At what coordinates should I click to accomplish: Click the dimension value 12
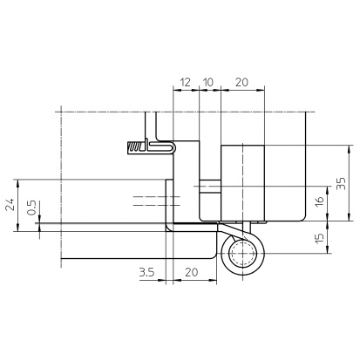tap(186, 82)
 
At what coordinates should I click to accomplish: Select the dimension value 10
tap(208, 82)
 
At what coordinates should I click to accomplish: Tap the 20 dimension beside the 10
tap(241, 82)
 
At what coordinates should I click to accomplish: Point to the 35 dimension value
tap(341, 183)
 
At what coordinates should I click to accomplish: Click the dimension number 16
tap(319, 201)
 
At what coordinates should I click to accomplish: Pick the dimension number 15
tap(319, 238)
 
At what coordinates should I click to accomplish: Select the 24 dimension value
tap(10, 204)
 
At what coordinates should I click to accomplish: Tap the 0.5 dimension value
tap(31, 208)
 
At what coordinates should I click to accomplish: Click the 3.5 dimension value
tap(146, 272)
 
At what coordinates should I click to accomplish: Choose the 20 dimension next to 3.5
tap(192, 272)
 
